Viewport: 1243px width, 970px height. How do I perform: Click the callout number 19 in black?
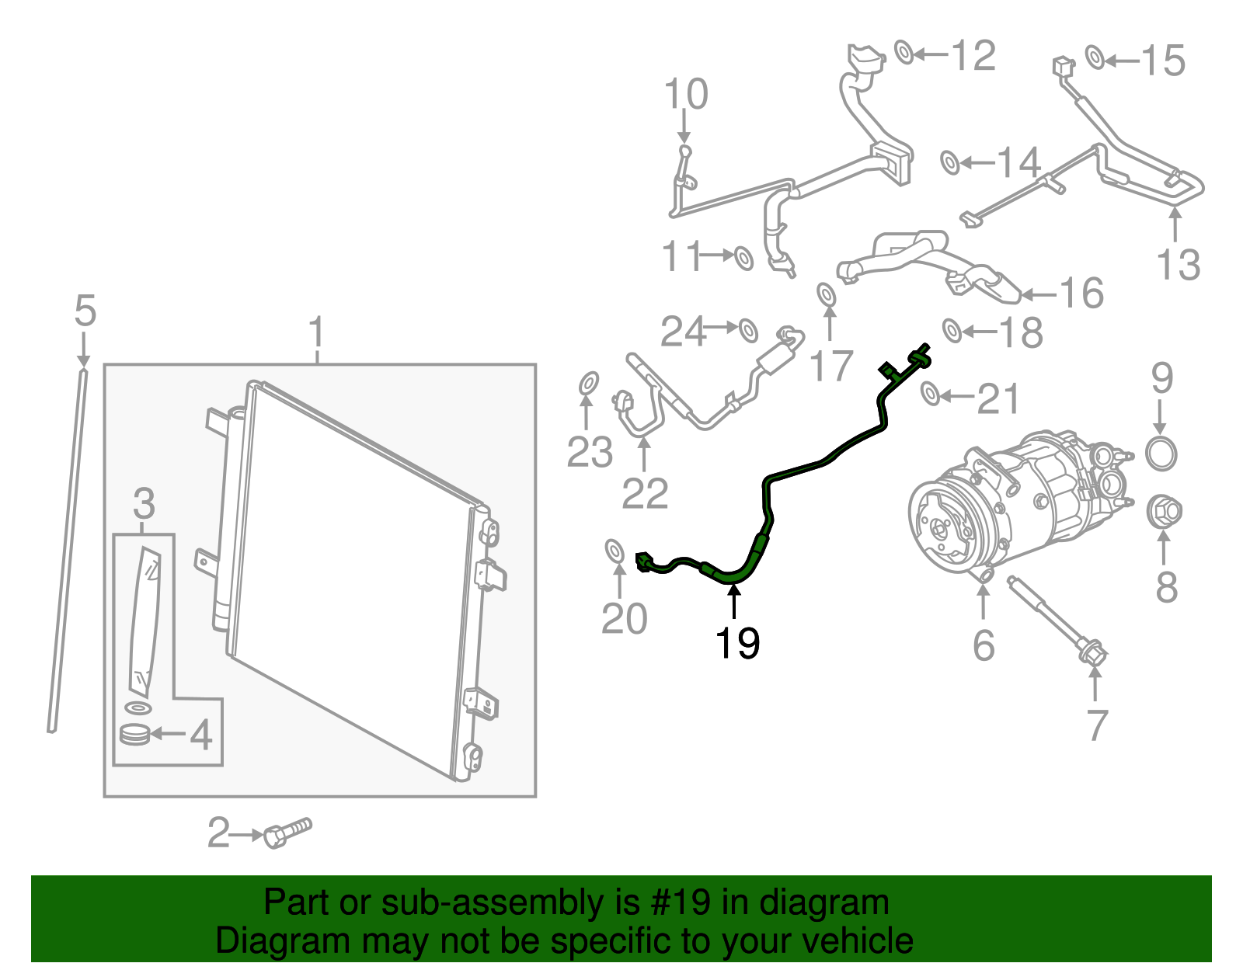tap(736, 642)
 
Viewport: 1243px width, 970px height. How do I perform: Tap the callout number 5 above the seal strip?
tap(85, 311)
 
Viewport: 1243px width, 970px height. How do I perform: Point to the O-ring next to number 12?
tap(904, 53)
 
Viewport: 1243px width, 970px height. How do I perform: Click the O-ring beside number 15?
tap(1095, 57)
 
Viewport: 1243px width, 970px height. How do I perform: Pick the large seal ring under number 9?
tap(1161, 454)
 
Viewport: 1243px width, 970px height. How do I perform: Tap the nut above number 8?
tap(1164, 511)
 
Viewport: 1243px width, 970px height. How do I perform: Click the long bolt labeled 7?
tap(1057, 621)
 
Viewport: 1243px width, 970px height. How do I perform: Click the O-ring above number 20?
tap(615, 551)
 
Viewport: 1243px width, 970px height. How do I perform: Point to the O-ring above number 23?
tap(588, 384)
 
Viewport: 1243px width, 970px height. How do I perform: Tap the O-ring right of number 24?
tap(747, 329)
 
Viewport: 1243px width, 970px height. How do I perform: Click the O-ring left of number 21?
tap(930, 394)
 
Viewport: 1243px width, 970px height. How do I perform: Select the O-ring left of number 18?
tap(952, 330)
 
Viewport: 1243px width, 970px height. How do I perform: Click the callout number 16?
tap(1081, 294)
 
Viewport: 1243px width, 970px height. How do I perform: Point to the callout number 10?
tap(685, 94)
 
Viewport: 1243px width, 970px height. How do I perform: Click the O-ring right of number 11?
tap(743, 258)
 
